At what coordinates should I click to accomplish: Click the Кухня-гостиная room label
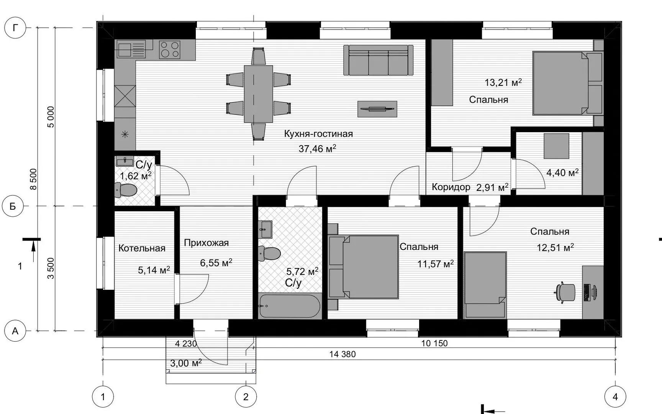pos(318,134)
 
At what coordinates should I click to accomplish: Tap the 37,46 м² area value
pos(317,148)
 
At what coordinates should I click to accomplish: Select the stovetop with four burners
pos(170,49)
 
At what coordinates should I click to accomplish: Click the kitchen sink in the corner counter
pos(131,49)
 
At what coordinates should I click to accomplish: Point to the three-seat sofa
pos(378,60)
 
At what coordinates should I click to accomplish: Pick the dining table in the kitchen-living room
pos(258,94)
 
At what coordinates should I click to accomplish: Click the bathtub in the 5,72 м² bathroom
pos(289,306)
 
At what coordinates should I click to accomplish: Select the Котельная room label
pos(142,248)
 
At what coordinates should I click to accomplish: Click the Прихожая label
pos(206,243)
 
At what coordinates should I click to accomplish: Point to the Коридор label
pos(451,187)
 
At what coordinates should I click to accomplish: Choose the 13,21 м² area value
pos(503,82)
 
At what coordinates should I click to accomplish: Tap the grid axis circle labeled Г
pos(15,28)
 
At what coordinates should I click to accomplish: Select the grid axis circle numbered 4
pos(615,396)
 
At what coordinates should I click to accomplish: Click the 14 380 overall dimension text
pos(342,354)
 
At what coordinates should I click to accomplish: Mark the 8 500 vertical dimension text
pos(33,179)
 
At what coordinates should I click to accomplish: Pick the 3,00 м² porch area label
pos(185,363)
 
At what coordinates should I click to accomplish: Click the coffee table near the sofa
pos(377,109)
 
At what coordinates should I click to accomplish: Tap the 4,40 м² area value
pos(562,172)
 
